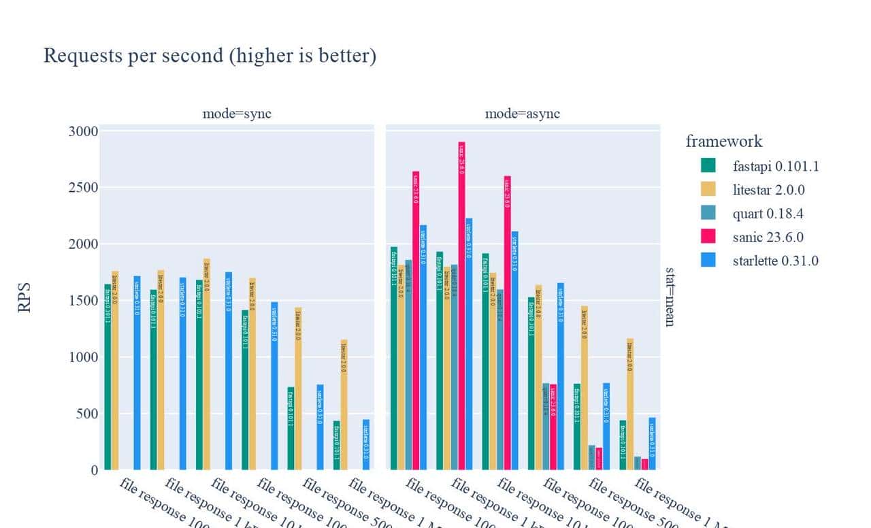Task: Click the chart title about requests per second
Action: (x=210, y=56)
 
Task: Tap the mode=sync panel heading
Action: (x=237, y=114)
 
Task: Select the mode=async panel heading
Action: (x=522, y=114)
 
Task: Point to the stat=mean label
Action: (x=670, y=297)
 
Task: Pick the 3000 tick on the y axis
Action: (x=83, y=131)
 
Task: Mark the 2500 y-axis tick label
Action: (x=83, y=188)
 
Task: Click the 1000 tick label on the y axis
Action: (x=83, y=357)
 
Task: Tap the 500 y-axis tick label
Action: (x=86, y=414)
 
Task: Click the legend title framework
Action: (x=724, y=142)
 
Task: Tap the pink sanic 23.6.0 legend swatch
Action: (x=708, y=237)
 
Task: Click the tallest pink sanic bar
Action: (x=461, y=306)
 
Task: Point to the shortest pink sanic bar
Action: (x=644, y=464)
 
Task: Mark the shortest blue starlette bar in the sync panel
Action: (x=365, y=444)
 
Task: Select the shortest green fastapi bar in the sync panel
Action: (x=336, y=445)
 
